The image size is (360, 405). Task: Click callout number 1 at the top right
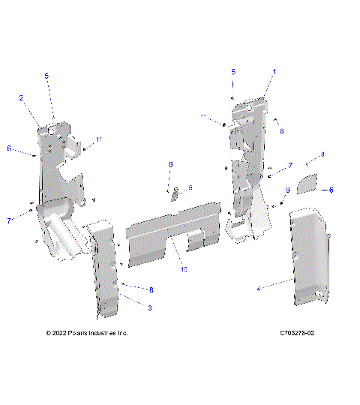(274, 72)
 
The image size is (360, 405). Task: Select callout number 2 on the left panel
(21, 98)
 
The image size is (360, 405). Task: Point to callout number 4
(259, 287)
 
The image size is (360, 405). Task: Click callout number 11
(98, 139)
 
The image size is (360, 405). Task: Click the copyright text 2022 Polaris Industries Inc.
(87, 333)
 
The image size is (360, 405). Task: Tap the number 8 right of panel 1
(281, 130)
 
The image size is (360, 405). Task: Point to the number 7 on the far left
(9, 221)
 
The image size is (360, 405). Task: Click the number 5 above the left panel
(46, 76)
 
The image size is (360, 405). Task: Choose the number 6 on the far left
(9, 148)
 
